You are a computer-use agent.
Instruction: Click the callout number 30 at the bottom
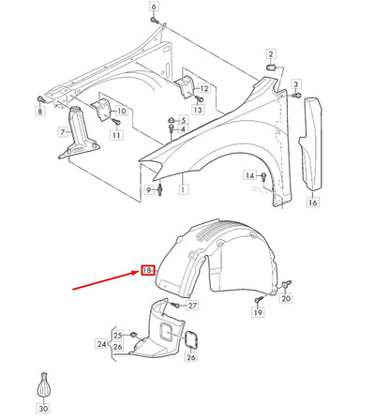pos(43,409)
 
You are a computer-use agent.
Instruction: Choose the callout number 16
pos(312,202)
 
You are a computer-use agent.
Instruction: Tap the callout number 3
pos(298,85)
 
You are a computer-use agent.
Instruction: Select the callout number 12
pos(204,88)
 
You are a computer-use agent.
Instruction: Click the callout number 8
pos(40,112)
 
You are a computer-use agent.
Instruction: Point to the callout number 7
pos(63,133)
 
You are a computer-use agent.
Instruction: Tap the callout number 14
pos(250,175)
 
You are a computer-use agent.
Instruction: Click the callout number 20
pos(287,298)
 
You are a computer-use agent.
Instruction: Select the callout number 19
pos(257,314)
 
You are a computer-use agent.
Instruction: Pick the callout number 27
pos(193,306)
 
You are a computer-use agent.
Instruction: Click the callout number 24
pos(101,344)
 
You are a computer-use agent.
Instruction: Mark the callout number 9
pos(148,191)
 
